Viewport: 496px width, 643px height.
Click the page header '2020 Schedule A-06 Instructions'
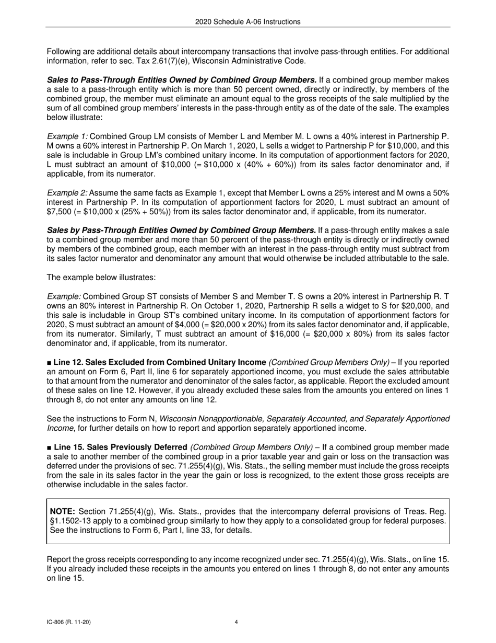pyautogui.click(x=248, y=22)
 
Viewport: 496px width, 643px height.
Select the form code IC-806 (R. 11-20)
pyautogui.click(x=71, y=622)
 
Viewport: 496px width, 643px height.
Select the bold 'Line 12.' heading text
pyautogui.click(x=69, y=362)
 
